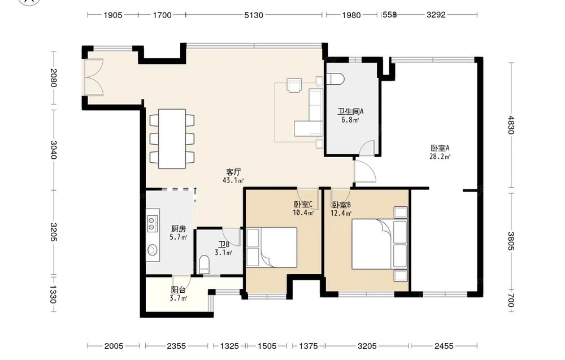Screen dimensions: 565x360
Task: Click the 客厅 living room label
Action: [233, 172]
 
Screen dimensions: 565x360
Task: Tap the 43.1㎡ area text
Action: [233, 180]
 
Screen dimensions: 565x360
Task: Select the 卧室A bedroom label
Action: [440, 148]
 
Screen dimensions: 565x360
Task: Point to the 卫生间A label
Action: [350, 112]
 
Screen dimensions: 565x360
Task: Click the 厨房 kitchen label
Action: [179, 229]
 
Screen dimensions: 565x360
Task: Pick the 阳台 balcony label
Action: [179, 290]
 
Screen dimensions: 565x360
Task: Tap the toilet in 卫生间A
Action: [335, 79]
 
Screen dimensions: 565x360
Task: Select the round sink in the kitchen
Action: [153, 249]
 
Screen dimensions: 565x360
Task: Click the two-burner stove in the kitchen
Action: [153, 223]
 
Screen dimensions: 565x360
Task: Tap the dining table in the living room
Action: [172, 138]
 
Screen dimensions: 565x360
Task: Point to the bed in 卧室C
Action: [272, 247]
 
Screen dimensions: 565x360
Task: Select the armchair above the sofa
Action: [294, 85]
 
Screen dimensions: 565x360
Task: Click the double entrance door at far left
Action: [93, 77]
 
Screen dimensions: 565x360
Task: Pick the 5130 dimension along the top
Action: [254, 15]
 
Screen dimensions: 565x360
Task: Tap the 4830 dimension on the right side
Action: [511, 125]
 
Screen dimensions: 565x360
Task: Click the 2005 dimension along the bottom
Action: [114, 346]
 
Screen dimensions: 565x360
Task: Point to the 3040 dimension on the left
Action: [53, 150]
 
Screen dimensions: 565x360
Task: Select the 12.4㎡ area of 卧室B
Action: [341, 213]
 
